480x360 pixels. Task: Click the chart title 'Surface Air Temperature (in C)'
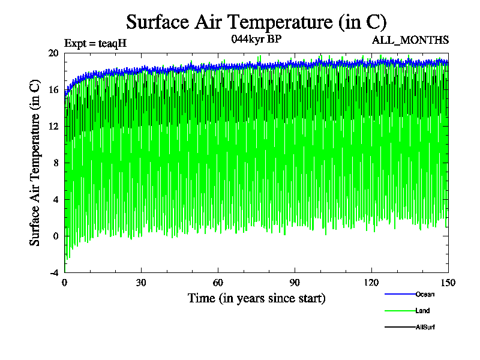(x=256, y=22)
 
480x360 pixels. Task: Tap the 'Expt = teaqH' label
(x=95, y=43)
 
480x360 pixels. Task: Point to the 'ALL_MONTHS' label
(x=410, y=40)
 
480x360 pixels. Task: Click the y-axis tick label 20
(x=53, y=53)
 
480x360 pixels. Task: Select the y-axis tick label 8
(x=56, y=163)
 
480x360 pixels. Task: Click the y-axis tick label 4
(x=56, y=199)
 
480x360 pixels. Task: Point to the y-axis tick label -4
(x=54, y=272)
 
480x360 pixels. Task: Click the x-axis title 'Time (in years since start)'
(x=256, y=298)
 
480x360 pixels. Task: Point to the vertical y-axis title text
(x=35, y=163)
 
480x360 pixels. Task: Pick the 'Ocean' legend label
(x=425, y=294)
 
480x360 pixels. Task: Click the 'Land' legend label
(x=422, y=311)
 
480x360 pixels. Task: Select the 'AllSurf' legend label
(x=425, y=328)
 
